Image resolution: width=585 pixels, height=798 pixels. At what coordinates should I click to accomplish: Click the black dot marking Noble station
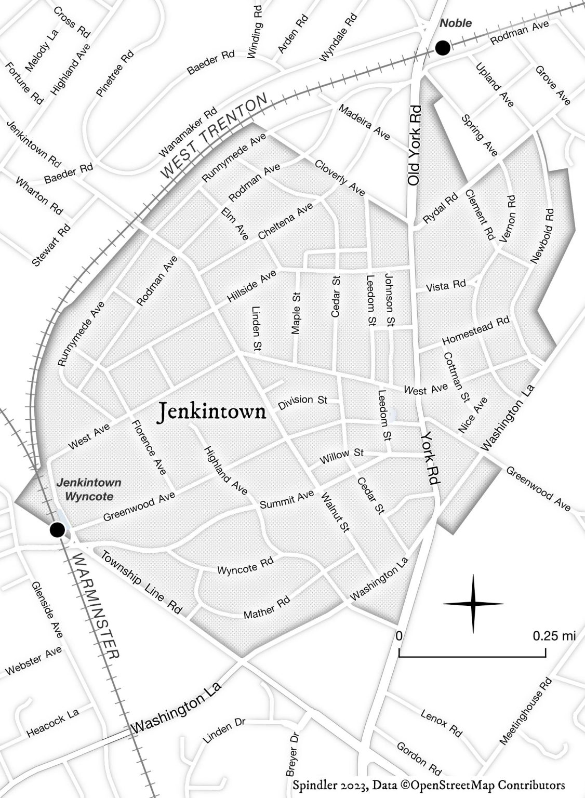[x=443, y=48]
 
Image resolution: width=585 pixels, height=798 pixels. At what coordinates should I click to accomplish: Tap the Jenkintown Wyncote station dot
[x=57, y=530]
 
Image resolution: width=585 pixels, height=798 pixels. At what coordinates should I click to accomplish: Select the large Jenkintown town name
[x=211, y=412]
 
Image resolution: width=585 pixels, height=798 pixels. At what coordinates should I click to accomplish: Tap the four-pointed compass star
[x=473, y=604]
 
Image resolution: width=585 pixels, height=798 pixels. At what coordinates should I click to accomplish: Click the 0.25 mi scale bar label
[x=554, y=636]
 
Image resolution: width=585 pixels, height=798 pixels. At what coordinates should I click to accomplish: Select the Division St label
[x=303, y=401]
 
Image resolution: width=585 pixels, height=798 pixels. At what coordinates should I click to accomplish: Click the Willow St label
[x=341, y=457]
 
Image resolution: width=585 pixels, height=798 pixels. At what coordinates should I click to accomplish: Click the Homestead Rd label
[x=476, y=331]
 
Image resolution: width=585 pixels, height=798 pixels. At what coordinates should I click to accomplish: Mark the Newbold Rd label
[x=542, y=236]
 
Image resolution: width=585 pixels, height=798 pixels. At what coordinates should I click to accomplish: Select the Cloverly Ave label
[x=340, y=178]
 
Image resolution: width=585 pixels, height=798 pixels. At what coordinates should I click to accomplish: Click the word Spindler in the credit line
[x=313, y=784]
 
